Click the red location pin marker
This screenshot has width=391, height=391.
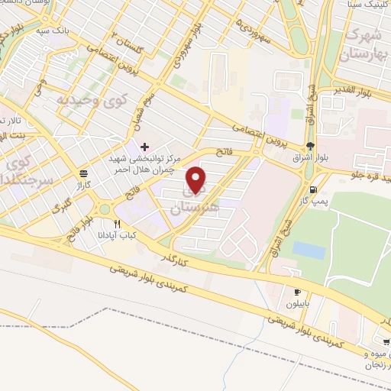click(197, 179)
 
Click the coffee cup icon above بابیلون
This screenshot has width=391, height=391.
click(299, 291)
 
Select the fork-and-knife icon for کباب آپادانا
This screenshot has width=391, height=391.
click(117, 224)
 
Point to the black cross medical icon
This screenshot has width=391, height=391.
click(146, 145)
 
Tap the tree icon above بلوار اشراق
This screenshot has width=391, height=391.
click(309, 147)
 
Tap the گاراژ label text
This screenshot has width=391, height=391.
click(82, 184)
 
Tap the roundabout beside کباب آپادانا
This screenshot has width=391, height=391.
click(105, 209)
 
